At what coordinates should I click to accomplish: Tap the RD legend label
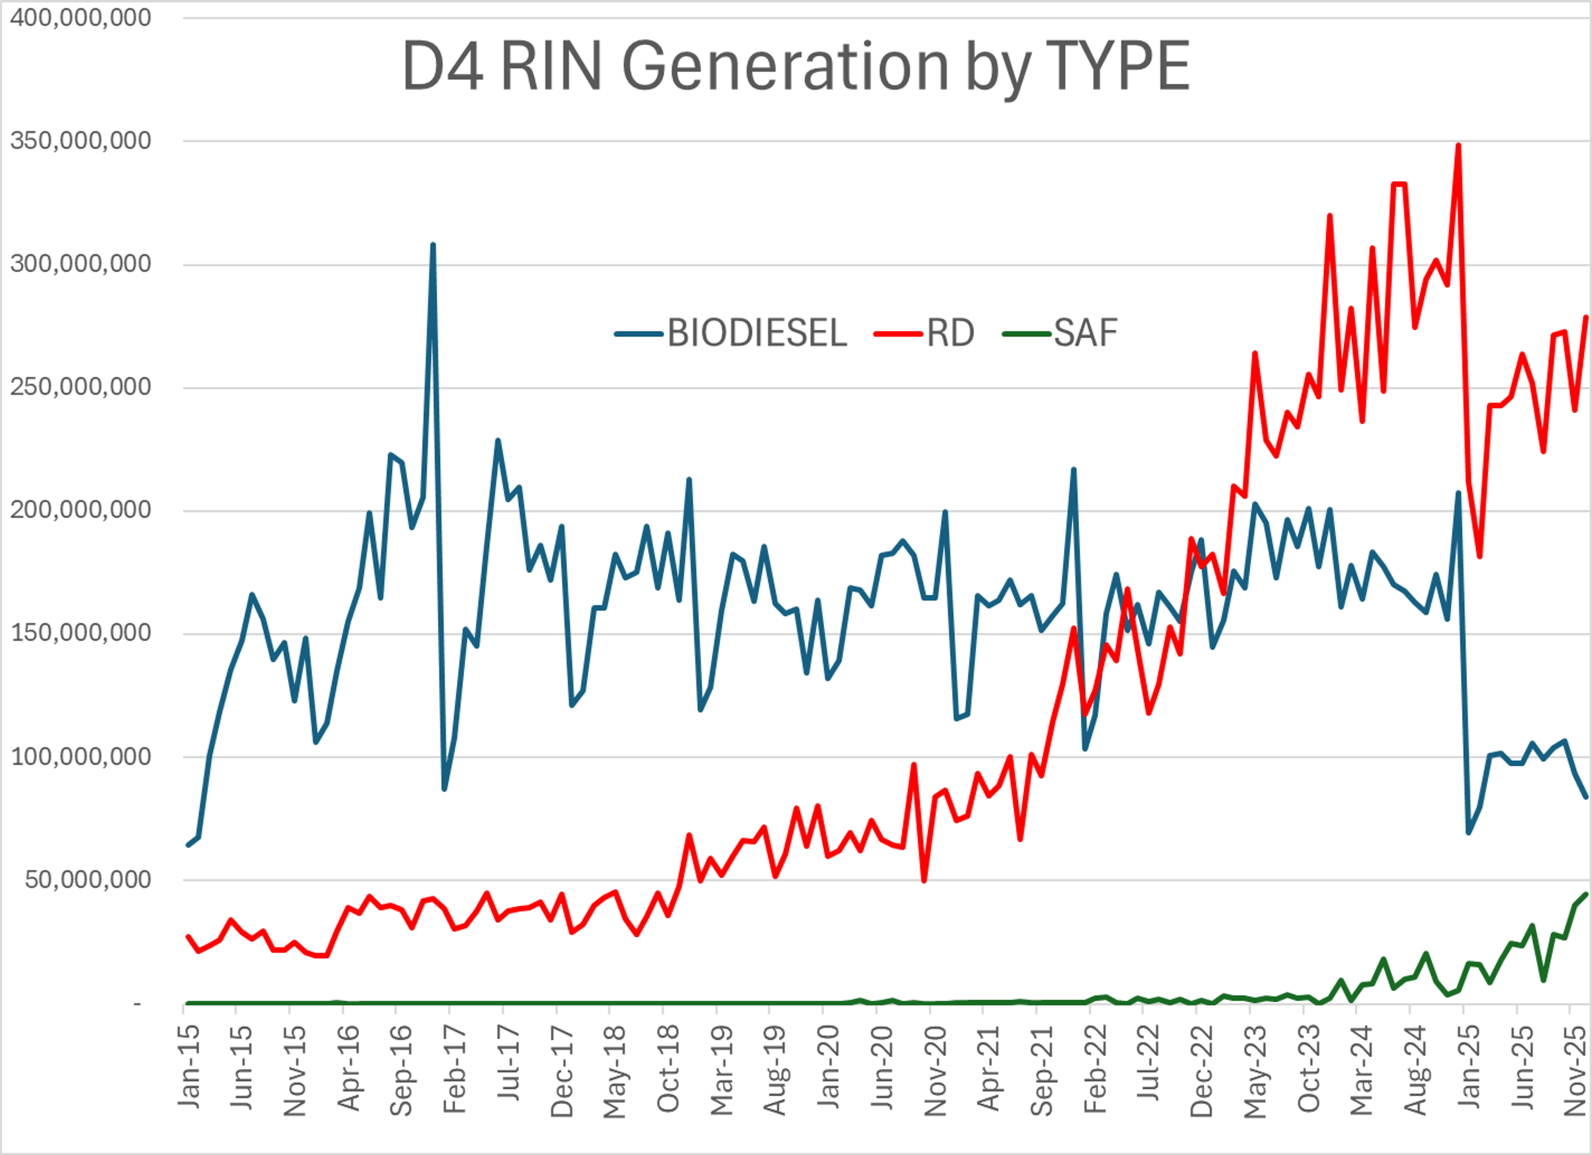coord(950,333)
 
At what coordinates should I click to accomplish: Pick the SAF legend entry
coord(1085,333)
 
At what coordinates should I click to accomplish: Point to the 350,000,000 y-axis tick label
coord(81,141)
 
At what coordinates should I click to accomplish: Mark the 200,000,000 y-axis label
coord(81,510)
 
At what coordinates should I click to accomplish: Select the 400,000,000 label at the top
coord(81,17)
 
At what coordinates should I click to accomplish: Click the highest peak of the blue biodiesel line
coord(432,245)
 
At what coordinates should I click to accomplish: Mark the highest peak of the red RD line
coord(1459,146)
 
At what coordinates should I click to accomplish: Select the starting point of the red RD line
coord(187,937)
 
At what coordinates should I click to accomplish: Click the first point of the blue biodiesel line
coord(187,844)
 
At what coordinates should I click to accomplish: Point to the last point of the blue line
coord(1586,796)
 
